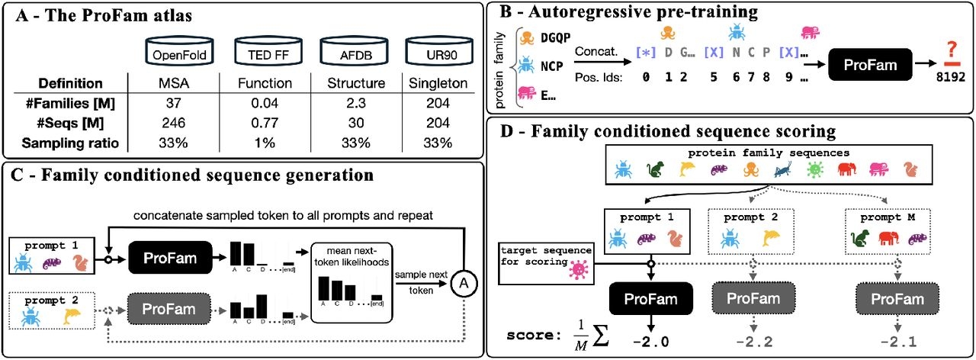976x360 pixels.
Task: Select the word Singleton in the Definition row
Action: [437, 82]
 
